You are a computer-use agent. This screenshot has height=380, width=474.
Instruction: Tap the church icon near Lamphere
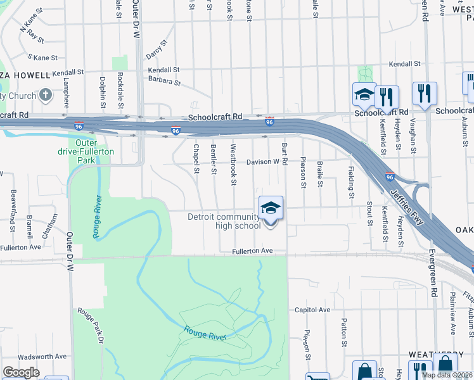point(45,96)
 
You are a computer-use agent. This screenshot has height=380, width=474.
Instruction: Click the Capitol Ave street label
point(312,310)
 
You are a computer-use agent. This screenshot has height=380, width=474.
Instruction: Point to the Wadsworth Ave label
point(42,357)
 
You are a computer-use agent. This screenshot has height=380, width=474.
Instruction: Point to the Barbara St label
point(164,81)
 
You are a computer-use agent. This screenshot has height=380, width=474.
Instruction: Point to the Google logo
point(21,372)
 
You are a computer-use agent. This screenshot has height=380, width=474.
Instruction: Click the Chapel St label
point(196,160)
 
